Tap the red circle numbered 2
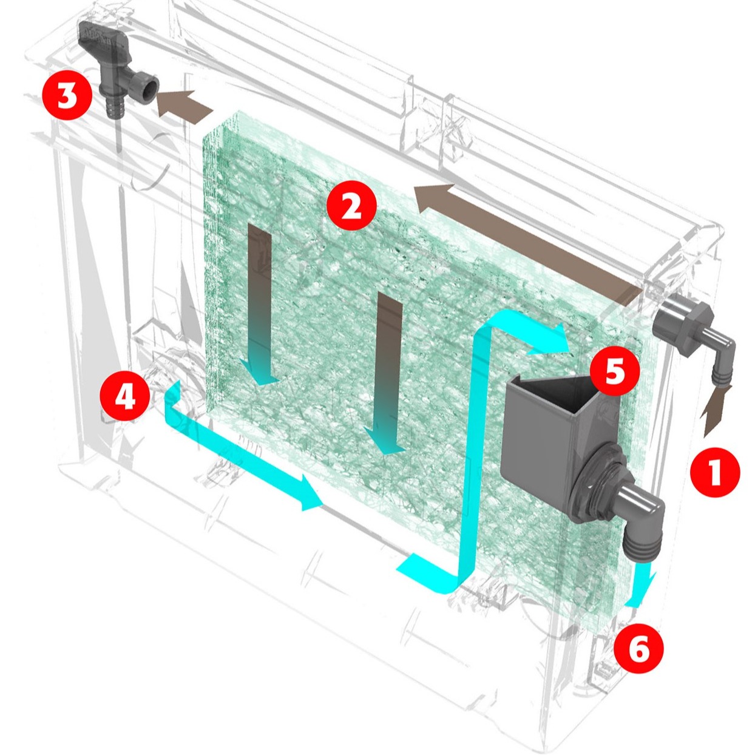(351, 206)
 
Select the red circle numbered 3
(67, 96)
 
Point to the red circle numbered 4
(125, 398)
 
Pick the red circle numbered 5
(614, 371)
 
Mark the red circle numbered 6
(638, 648)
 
